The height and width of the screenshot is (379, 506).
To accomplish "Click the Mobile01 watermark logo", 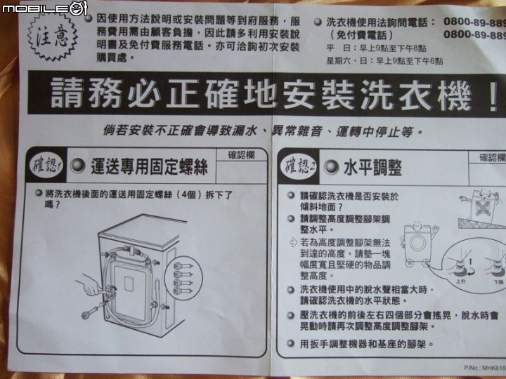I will coord(44,8).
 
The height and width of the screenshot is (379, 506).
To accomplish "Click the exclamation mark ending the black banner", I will coord(491,95).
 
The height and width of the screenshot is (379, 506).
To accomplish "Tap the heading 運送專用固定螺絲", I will coord(148,167).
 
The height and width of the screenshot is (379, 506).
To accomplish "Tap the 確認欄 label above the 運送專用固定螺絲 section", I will coord(242,154).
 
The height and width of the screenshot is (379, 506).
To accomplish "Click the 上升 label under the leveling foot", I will coord(460,280).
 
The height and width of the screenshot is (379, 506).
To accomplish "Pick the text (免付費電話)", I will coord(361,34).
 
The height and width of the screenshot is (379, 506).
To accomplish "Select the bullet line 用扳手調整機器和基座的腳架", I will coord(365,345).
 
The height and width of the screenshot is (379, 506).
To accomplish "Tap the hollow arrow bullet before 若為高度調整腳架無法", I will coord(293,242).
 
